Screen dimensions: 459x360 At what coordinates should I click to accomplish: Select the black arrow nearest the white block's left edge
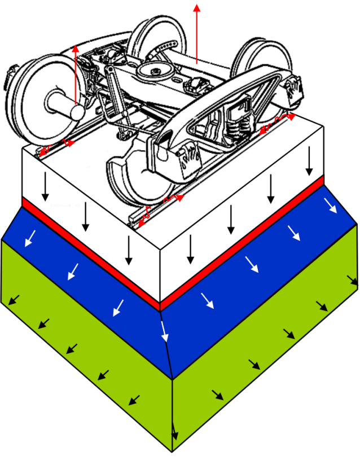click(45, 191)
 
